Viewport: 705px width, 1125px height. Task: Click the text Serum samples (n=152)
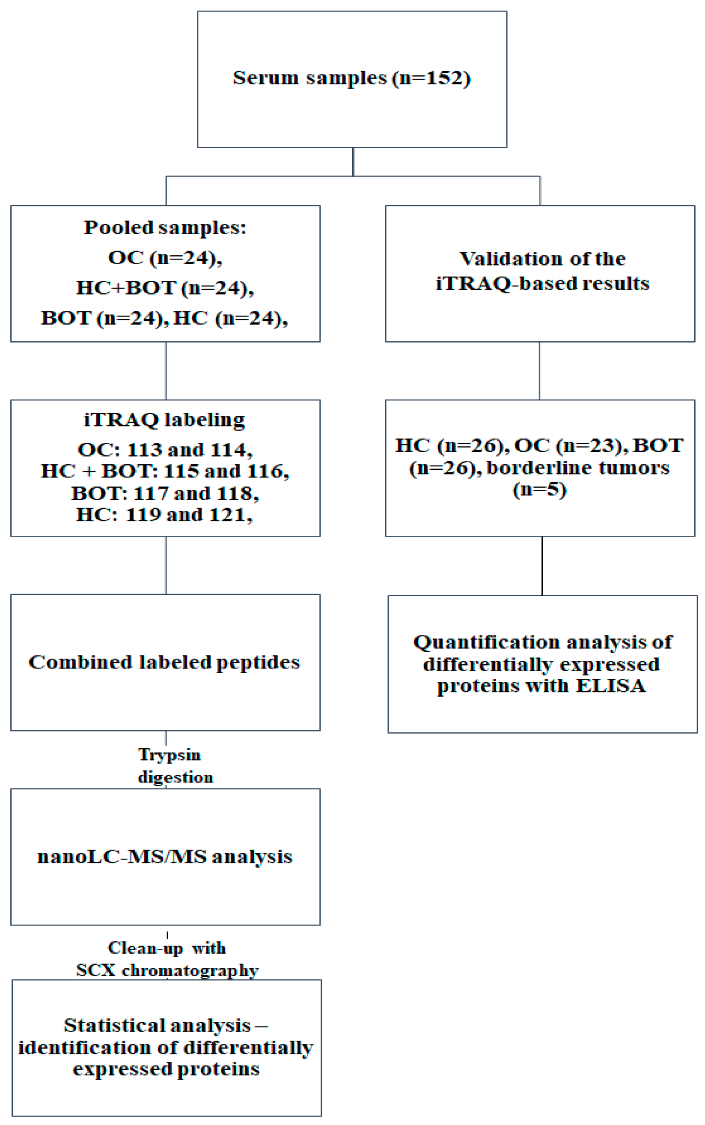pyautogui.click(x=351, y=78)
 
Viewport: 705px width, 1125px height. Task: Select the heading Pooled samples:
pyautogui.click(x=165, y=227)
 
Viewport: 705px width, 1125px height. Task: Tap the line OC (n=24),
pyautogui.click(x=165, y=257)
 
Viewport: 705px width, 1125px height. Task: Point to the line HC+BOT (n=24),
pyautogui.click(x=165, y=288)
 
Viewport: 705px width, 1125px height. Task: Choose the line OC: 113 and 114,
pyautogui.click(x=165, y=450)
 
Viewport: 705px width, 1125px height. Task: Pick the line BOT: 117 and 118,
pyautogui.click(x=165, y=493)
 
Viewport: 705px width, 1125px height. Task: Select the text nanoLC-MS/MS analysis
pyautogui.click(x=165, y=856)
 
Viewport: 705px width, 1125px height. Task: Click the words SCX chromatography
pyautogui.click(x=167, y=970)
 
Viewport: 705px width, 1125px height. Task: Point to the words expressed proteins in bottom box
pyautogui.click(x=166, y=1068)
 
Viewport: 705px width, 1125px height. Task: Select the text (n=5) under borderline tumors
pyautogui.click(x=539, y=490)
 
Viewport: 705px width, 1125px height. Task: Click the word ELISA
pyautogui.click(x=611, y=686)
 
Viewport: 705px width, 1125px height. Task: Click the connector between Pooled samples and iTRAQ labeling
pyautogui.click(x=166, y=370)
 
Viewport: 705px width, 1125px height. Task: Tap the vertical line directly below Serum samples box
pyautogui.click(x=353, y=161)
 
